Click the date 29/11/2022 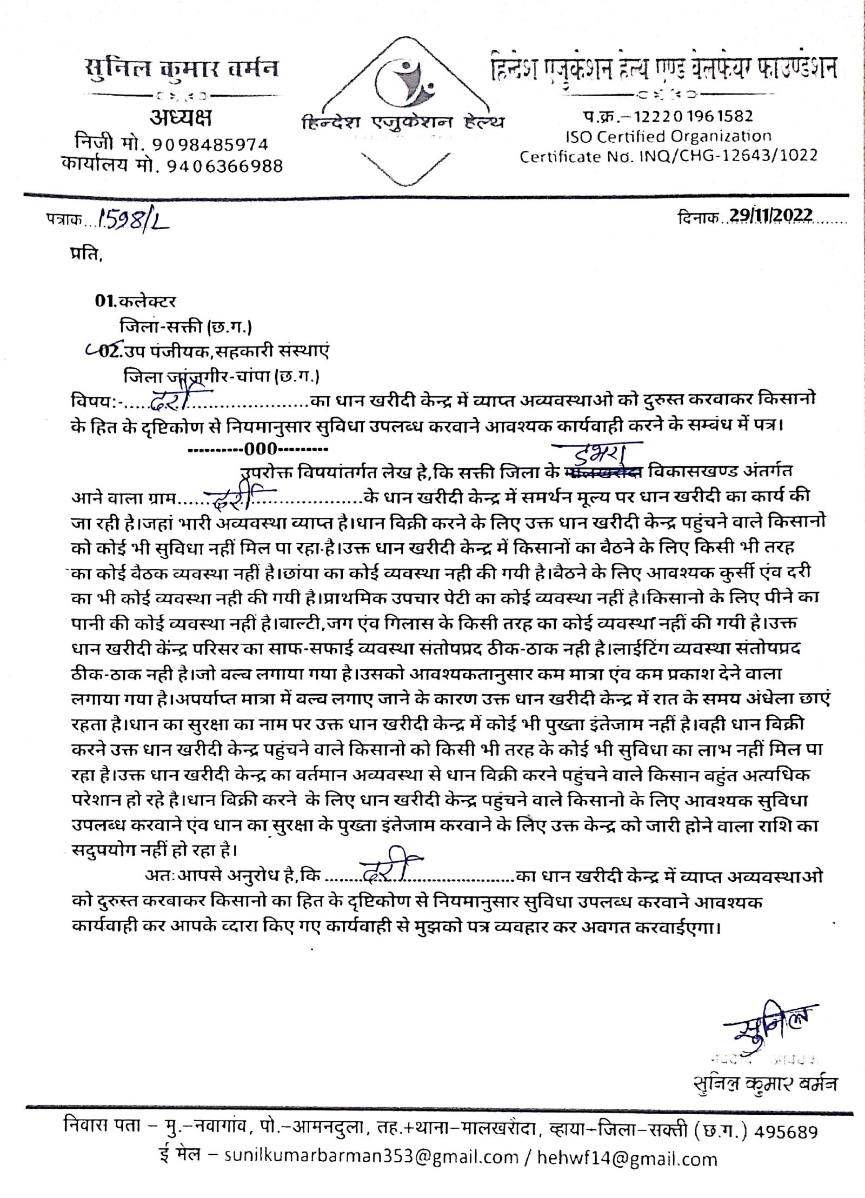(770, 215)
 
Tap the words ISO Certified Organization (668, 136)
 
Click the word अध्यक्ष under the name (181, 118)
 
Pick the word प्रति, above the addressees (85, 254)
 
